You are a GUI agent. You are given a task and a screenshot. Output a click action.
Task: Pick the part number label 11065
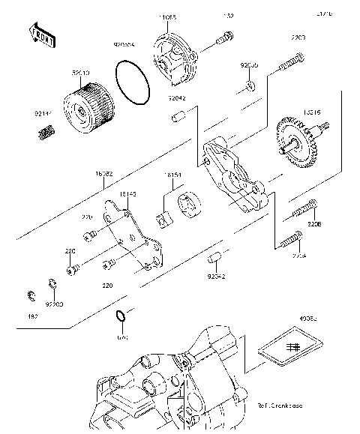167,16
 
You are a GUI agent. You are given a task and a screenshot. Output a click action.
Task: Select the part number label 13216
312,112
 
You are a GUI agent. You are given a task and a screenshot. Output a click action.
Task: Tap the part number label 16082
104,173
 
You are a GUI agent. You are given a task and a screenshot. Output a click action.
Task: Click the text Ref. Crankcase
281,406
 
